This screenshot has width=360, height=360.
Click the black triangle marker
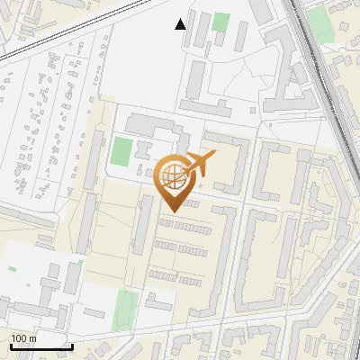181,23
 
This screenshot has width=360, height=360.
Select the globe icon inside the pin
175,175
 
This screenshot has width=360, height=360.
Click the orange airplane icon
201,164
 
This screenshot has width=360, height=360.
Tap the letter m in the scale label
33,338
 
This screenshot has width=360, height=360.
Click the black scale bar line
41,347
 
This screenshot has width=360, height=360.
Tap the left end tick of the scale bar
11,346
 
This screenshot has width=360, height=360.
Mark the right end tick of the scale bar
73,346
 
